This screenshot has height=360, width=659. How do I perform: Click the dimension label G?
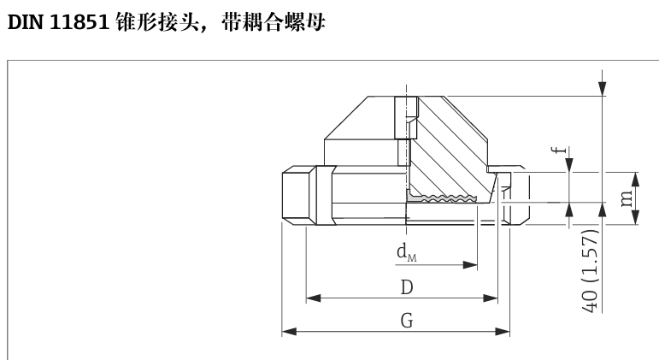coord(407,321)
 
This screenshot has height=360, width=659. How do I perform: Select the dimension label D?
coord(407,287)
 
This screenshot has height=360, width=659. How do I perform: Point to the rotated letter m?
coord(627,198)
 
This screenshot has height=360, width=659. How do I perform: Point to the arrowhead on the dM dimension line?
coord(470,265)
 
